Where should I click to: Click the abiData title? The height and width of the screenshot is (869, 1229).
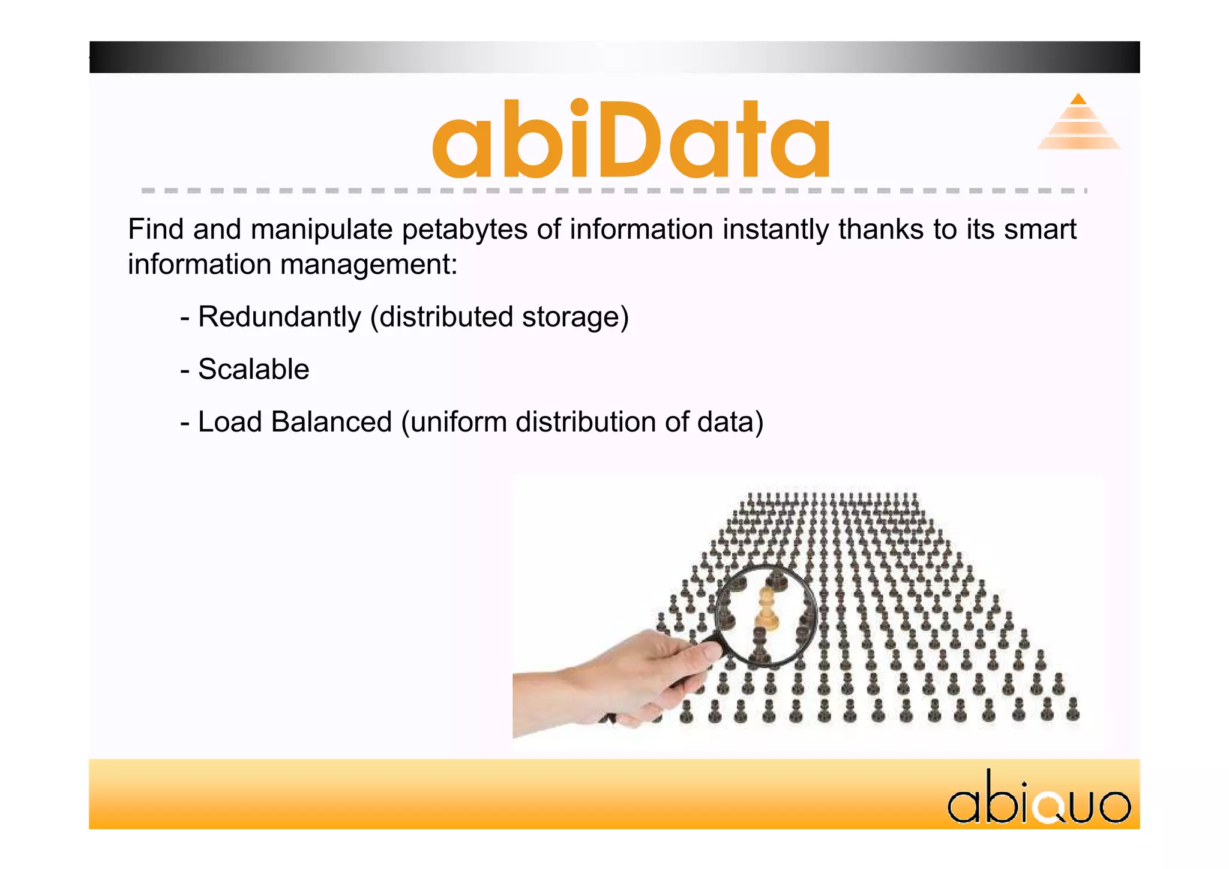(631, 139)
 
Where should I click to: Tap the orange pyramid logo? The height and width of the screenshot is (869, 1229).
(1078, 123)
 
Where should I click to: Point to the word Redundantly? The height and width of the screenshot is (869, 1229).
(279, 317)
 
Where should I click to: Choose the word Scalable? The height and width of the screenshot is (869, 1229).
(253, 369)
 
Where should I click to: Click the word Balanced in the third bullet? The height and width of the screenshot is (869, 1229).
(331, 422)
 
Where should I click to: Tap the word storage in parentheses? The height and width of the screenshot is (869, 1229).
(574, 317)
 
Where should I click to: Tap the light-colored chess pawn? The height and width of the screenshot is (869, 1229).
(766, 609)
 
